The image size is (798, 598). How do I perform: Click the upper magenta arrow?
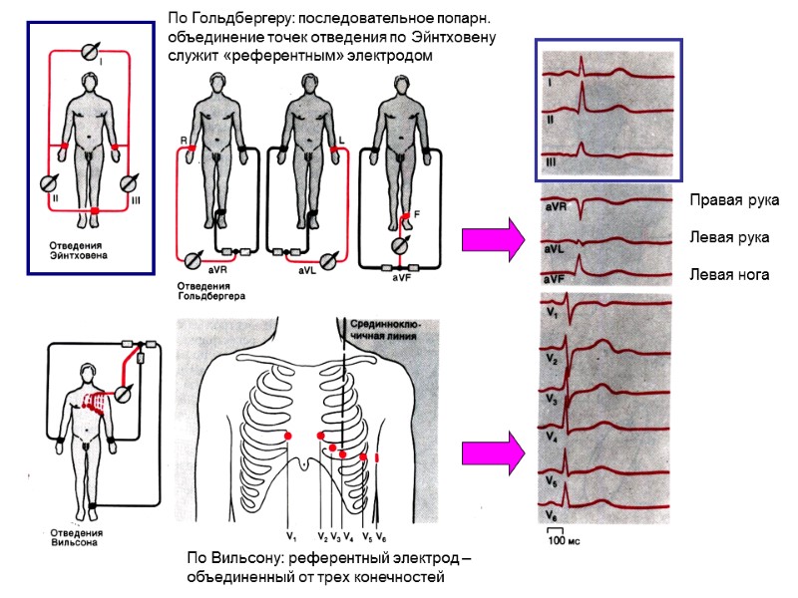tap(493, 240)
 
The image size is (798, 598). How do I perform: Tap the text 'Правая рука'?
tap(733, 201)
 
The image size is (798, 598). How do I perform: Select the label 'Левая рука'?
tap(728, 238)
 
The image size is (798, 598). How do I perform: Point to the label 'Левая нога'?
tap(729, 274)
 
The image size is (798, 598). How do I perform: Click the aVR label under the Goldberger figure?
tap(215, 270)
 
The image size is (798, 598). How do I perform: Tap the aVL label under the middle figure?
tap(307, 269)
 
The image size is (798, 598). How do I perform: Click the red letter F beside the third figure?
tap(416, 212)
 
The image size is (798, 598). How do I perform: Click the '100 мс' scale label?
tap(564, 540)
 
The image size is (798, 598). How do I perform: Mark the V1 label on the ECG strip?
tap(552, 312)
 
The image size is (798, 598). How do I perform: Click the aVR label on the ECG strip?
tap(556, 208)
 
